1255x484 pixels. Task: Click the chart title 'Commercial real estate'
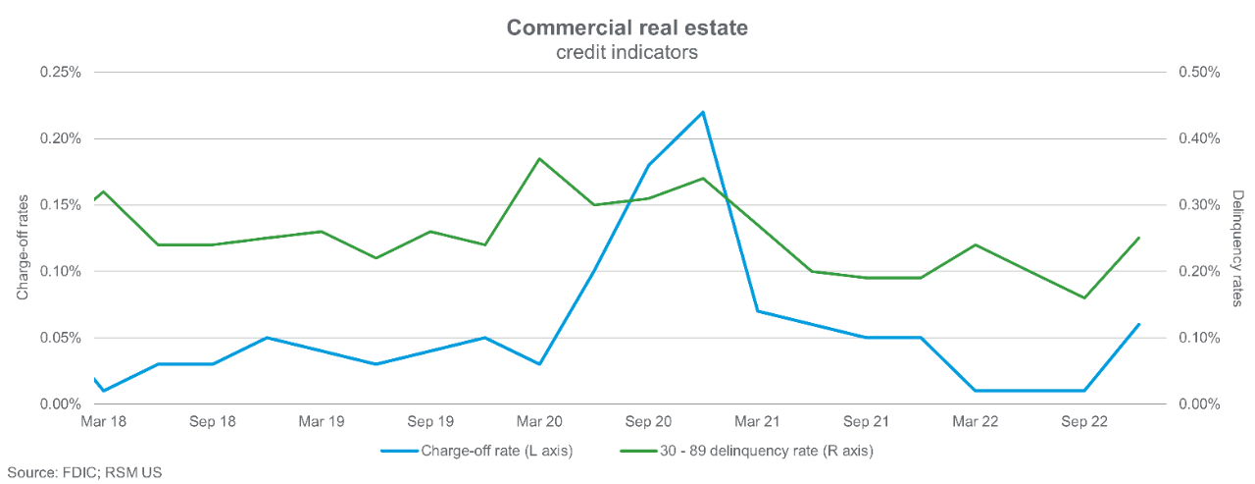[627, 27]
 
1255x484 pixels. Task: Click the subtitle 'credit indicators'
[627, 53]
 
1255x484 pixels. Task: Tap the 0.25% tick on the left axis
[60, 72]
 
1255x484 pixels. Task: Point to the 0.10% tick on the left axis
[60, 271]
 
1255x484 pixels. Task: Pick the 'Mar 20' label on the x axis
[539, 422]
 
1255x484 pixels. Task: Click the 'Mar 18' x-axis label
[104, 422]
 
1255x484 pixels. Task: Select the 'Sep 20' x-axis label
[648, 422]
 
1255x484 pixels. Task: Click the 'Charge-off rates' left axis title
[22, 238]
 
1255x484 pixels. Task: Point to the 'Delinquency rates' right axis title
[1237, 247]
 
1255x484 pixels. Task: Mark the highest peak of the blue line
[703, 112]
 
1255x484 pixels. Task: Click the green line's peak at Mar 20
[539, 158]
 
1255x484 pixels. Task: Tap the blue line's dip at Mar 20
[539, 364]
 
